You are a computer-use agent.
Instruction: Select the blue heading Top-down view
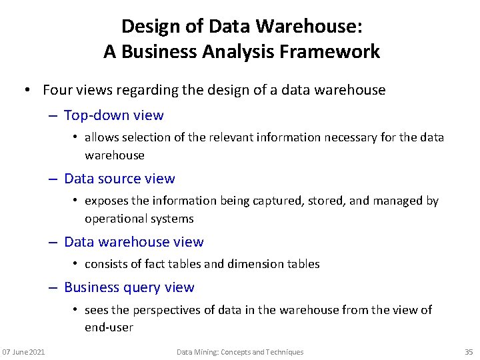coord(113,115)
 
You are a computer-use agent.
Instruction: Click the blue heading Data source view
coord(119,179)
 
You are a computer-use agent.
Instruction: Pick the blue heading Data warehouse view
coord(133,242)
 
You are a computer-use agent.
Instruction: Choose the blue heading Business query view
coord(129,287)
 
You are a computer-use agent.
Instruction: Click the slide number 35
coord(468,352)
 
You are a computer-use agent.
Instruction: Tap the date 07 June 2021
coord(23,352)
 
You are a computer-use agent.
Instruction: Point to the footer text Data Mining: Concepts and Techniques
coord(240,352)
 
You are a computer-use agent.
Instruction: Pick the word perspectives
coord(167,309)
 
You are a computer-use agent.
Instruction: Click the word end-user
coord(109,327)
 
